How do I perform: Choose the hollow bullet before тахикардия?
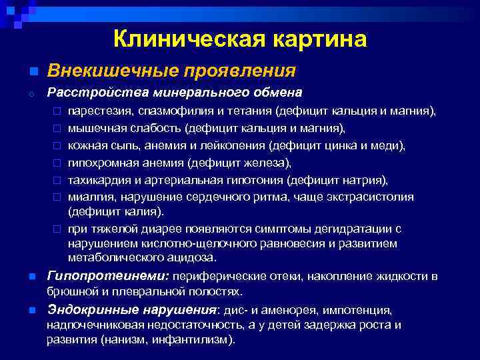[x=57, y=181]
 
